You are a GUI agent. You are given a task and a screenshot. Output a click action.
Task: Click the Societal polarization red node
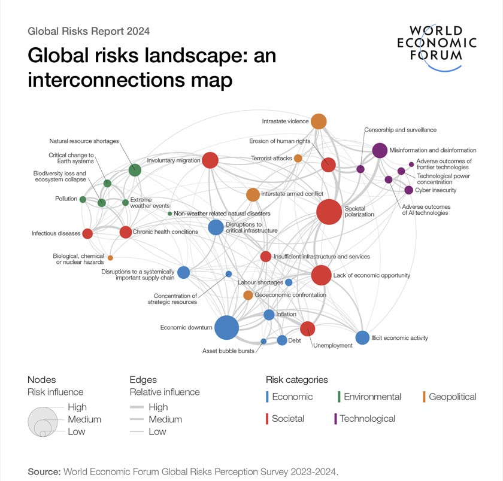tap(329, 212)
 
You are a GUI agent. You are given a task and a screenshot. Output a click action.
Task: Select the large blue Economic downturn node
tap(226, 327)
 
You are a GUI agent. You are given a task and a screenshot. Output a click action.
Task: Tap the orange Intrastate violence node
tap(319, 121)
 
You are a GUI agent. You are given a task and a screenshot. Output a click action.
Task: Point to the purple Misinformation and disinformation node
tap(380, 150)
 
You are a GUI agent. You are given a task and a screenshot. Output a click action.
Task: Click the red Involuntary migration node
tap(210, 160)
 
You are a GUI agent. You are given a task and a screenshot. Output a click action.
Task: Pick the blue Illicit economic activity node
tap(362, 337)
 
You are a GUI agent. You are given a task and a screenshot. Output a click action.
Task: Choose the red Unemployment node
tap(307, 328)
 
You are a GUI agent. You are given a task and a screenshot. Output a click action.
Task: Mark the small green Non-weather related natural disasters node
tap(170, 214)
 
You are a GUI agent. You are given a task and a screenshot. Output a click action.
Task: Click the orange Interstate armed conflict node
tap(253, 194)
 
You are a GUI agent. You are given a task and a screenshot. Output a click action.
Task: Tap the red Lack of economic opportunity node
tap(321, 275)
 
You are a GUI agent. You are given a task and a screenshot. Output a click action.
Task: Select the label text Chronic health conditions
tap(165, 232)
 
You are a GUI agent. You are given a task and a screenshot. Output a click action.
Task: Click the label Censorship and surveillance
tap(400, 130)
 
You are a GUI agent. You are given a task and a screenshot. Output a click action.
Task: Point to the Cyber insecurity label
tap(436, 190)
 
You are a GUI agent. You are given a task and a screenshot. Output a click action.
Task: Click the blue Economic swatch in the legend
tap(268, 397)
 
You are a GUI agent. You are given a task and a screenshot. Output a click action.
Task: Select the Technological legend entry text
tap(367, 419)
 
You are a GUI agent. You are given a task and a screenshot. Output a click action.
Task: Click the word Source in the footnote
tap(44, 471)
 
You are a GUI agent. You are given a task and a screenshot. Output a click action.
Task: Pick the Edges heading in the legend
tap(143, 379)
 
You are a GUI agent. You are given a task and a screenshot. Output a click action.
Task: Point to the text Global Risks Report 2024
tap(89, 31)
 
